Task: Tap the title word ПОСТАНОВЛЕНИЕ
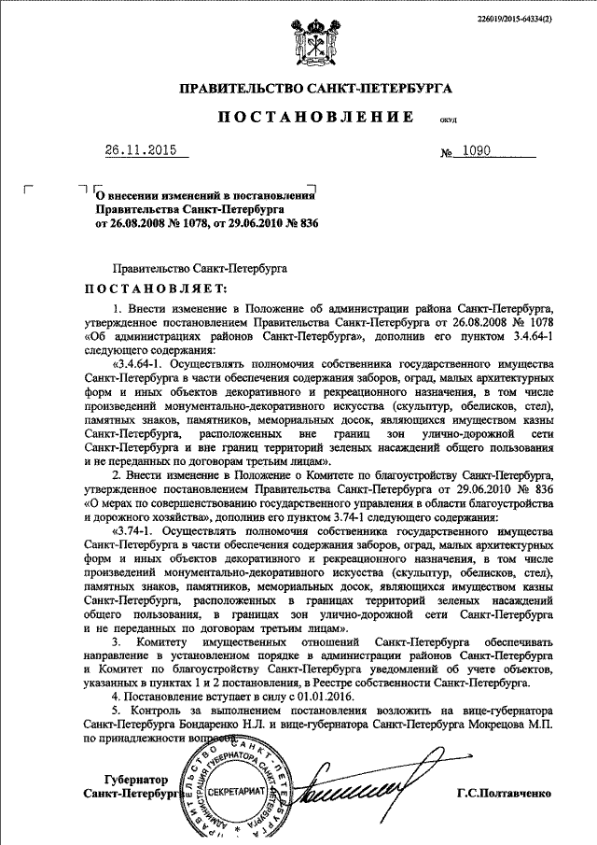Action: point(316,118)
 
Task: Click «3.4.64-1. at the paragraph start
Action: point(140,362)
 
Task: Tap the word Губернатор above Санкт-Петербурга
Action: point(134,779)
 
